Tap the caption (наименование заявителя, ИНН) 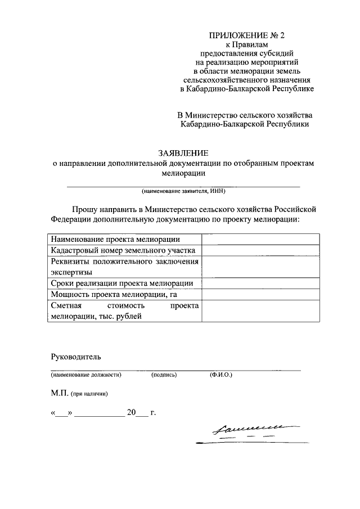[183, 191]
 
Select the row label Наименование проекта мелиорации [115, 239]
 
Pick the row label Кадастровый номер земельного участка [123, 250]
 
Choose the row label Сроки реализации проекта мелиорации [122, 283]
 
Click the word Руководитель [75, 357]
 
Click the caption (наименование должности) [86, 374]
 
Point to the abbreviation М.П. [60, 393]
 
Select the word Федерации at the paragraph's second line [70, 219]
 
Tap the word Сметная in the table [66, 305]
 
